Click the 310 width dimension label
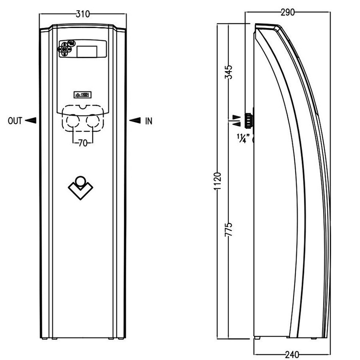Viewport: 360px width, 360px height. click(x=83, y=14)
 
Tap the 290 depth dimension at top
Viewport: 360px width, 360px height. click(x=287, y=12)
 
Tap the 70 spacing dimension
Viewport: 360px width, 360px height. click(x=83, y=143)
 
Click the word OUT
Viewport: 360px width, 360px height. click(x=14, y=121)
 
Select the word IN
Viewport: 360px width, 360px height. click(x=148, y=121)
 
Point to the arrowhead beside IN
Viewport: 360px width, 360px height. click(x=135, y=121)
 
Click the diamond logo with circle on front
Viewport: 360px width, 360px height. click(x=80, y=186)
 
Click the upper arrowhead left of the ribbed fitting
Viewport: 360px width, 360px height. click(x=237, y=116)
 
